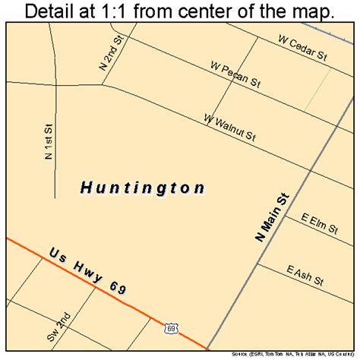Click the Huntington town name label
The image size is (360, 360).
[x=142, y=188]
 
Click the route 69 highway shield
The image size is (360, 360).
[x=173, y=327]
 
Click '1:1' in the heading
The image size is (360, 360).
[x=121, y=11]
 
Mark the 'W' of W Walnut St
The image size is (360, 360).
[x=207, y=118]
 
